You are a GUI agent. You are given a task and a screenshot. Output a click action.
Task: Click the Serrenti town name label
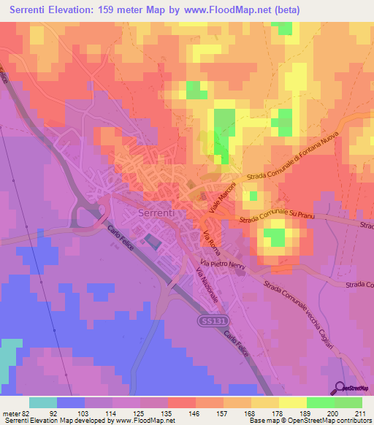click(155, 213)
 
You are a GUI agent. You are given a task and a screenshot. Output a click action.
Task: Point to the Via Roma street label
click(210, 240)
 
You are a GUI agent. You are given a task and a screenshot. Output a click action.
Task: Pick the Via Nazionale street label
click(207, 286)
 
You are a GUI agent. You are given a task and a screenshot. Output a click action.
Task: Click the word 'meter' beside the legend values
click(12, 413)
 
